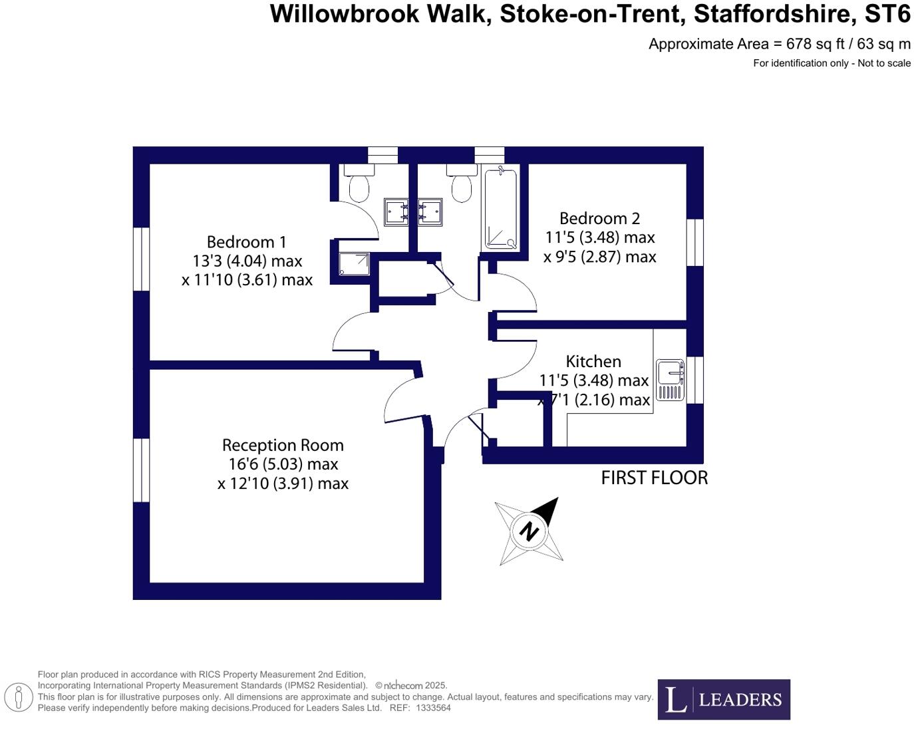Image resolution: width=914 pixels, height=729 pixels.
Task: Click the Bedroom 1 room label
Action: point(246,242)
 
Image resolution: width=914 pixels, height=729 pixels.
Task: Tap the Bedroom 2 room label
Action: point(599,218)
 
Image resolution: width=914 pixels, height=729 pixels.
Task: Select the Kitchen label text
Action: point(593,361)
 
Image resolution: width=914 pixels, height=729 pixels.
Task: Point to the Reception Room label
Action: point(283,445)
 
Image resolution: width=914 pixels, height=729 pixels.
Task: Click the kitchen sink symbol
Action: point(671,380)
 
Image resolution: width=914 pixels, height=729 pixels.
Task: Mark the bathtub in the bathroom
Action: point(501,209)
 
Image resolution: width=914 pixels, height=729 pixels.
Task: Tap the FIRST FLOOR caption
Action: point(654,478)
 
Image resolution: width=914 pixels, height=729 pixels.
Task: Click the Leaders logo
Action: point(724,699)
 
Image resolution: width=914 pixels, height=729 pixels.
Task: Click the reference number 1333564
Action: point(433,708)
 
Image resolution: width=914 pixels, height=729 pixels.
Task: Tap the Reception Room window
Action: point(141,470)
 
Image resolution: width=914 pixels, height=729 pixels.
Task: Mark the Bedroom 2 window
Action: point(695,242)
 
